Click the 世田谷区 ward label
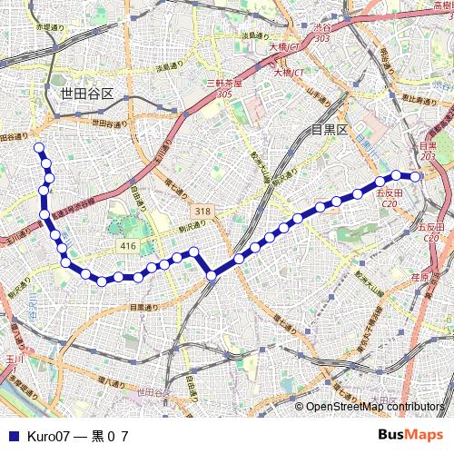[86, 94]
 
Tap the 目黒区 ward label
[329, 130]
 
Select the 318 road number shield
[202, 211]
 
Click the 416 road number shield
[127, 246]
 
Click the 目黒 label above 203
[428, 145]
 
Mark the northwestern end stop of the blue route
[38, 146]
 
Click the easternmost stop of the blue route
[416, 176]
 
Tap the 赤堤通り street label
[50, 28]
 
